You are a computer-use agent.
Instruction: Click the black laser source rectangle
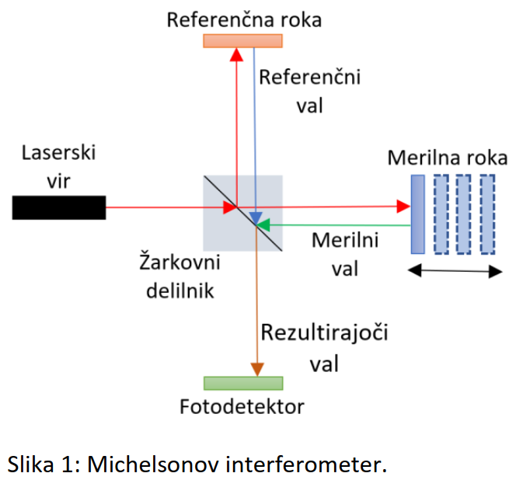pyautogui.click(x=59, y=207)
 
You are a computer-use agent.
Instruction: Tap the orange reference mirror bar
pyautogui.click(x=242, y=40)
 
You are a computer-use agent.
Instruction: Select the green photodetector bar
pyautogui.click(x=242, y=383)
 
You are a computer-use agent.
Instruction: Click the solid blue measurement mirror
pyautogui.click(x=418, y=214)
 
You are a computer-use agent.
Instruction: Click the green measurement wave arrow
pyautogui.click(x=334, y=225)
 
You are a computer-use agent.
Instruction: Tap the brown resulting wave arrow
pyautogui.click(x=255, y=311)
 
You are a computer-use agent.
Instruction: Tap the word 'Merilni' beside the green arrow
pyautogui.click(x=345, y=240)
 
